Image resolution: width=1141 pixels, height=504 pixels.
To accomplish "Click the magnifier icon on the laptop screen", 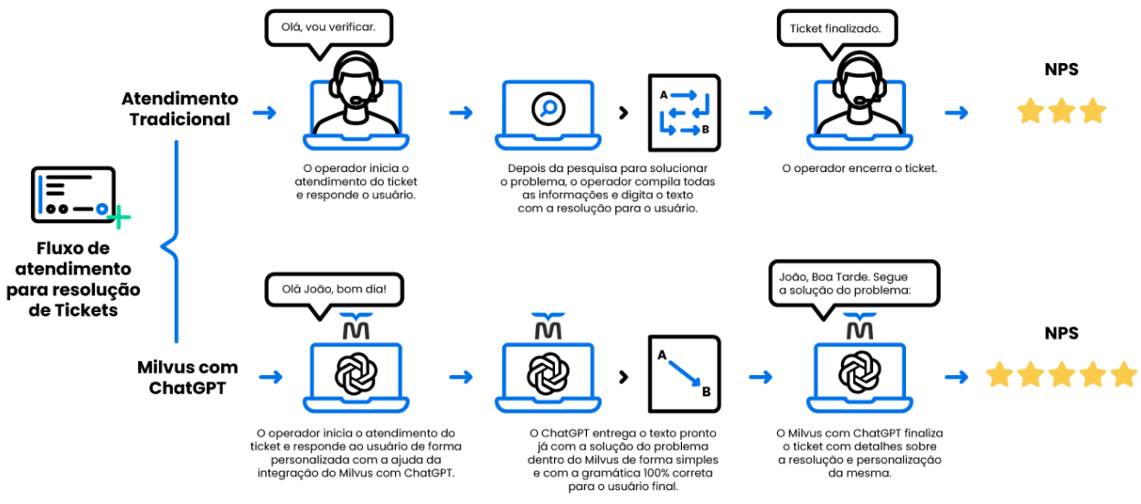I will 548,109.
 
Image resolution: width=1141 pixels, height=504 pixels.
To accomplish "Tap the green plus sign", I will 119,218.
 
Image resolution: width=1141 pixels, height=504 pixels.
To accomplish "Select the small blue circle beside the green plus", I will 101,209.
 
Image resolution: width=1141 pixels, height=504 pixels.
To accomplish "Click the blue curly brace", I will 172,243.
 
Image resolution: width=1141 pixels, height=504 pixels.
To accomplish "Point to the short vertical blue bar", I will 40,194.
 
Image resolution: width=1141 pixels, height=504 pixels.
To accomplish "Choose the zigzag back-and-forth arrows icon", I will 684,113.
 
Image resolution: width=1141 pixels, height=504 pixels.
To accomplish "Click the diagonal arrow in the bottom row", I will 684,373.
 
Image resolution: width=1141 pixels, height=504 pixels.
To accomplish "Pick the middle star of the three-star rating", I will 1061,111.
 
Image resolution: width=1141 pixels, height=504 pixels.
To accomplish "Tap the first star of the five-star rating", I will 999,374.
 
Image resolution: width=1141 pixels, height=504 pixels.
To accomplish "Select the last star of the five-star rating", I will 1124,374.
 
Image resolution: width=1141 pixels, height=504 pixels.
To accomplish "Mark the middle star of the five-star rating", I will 1061,374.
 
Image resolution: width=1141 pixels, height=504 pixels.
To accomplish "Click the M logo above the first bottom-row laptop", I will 356,327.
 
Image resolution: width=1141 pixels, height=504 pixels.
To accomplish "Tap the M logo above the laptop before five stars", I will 859,327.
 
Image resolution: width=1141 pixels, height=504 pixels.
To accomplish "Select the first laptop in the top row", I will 356,115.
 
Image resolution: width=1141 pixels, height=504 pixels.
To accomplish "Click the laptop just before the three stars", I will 859,115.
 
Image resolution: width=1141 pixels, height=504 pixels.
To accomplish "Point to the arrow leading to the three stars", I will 956,113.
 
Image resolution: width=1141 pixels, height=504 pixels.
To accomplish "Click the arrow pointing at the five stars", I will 956,377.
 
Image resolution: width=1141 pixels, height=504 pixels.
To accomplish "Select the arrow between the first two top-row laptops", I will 461,113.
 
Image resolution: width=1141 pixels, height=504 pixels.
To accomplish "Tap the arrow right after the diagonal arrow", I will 761,377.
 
